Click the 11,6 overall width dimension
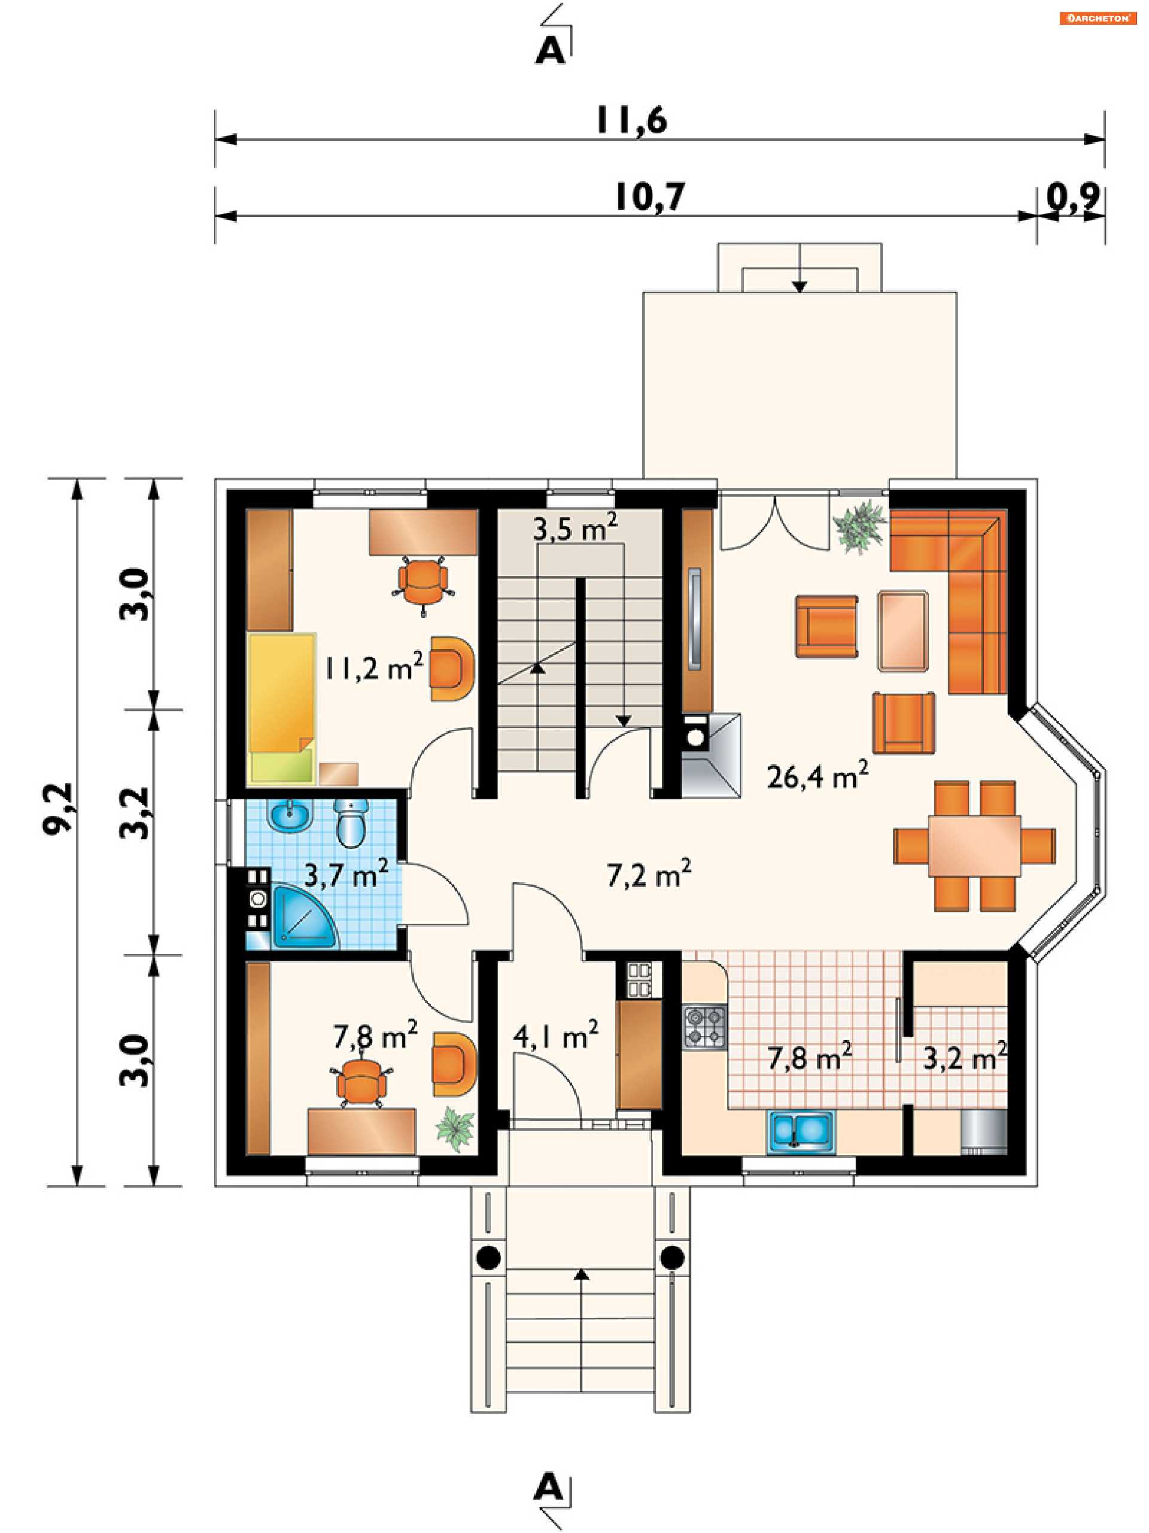point(631,120)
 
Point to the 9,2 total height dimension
point(58,809)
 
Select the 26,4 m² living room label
point(817,776)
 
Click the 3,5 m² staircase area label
point(574,528)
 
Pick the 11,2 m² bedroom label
point(373,667)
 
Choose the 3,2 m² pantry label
point(965,1058)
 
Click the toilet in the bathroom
point(352,822)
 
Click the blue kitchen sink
point(801,1133)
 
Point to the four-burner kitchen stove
point(705,1027)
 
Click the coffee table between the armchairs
point(903,631)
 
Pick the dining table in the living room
point(974,845)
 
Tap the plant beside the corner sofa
point(859,526)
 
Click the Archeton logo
point(1098,18)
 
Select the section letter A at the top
point(550,51)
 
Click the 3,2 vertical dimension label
point(135,813)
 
